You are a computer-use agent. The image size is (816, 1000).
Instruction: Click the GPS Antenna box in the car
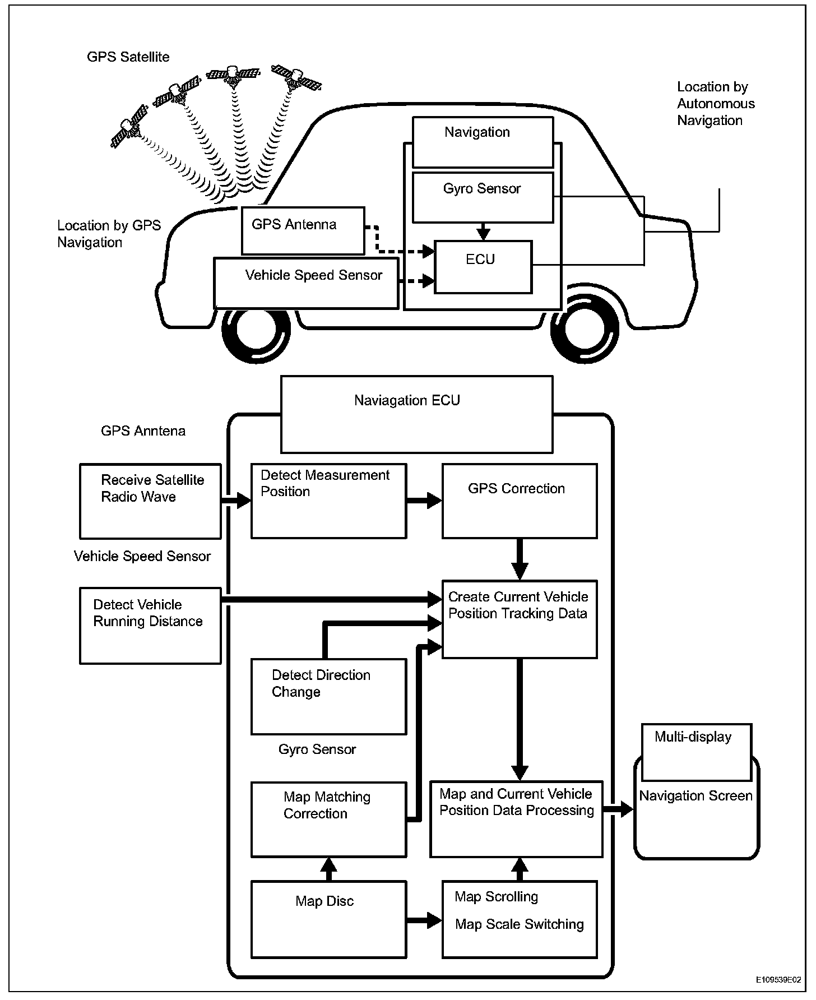(303, 230)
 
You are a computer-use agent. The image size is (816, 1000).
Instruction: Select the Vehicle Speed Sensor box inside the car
(306, 283)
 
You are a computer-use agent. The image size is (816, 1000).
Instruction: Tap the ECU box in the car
(483, 267)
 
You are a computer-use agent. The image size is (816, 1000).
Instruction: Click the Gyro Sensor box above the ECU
(483, 197)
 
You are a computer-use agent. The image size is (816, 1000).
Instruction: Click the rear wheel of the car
(585, 328)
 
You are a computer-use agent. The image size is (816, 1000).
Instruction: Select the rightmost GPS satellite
(296, 78)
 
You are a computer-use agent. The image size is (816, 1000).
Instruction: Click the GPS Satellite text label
(128, 57)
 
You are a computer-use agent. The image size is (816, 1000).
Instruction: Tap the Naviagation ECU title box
(416, 414)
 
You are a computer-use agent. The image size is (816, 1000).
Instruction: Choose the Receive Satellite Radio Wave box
(150, 501)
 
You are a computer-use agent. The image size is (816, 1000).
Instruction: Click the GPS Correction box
(520, 501)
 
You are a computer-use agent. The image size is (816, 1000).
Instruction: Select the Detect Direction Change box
(328, 697)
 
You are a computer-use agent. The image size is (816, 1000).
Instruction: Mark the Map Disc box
(328, 919)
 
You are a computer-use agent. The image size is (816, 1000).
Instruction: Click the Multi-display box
(696, 752)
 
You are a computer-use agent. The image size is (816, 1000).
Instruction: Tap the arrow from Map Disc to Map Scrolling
(424, 920)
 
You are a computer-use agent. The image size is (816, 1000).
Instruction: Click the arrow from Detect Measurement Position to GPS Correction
(424, 501)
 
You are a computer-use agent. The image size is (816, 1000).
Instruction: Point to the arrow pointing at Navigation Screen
(618, 809)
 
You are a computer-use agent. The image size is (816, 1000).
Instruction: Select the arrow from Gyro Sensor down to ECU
(483, 232)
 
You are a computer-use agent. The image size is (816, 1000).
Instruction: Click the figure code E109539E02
(778, 980)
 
